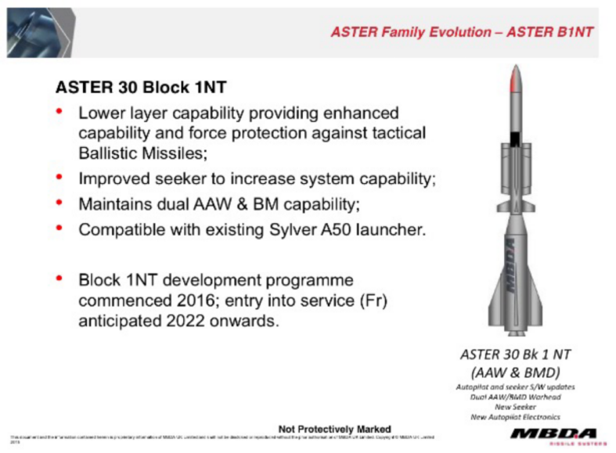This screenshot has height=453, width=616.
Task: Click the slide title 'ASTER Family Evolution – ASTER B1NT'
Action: (461, 32)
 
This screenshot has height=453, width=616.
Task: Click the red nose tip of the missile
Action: (513, 76)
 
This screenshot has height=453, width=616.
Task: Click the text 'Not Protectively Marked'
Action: (334, 428)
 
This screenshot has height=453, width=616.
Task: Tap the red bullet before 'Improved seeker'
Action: (59, 178)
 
